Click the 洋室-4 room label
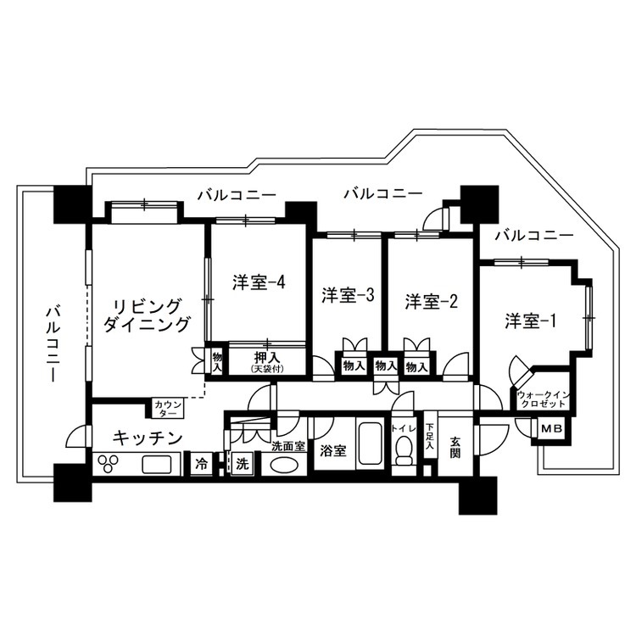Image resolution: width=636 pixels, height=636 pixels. pos(259,282)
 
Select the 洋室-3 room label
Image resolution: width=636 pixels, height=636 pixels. pos(348,295)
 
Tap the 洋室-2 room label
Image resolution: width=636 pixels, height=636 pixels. pos(431,301)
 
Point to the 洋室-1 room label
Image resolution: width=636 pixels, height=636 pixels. pos(531,321)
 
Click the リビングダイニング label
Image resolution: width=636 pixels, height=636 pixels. pos(147,315)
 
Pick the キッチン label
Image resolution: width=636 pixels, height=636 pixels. pos(148,438)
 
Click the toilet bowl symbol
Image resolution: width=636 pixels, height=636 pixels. pos(404,449)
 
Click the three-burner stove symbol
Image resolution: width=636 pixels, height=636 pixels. pos(108,464)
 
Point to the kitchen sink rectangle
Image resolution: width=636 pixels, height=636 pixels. pos(157,464)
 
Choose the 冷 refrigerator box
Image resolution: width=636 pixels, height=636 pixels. pos(201,464)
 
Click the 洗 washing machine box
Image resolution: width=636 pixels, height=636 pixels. pos(243,464)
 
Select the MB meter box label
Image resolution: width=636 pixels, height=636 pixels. pos(552,428)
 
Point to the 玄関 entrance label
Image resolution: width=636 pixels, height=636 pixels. pos(455,448)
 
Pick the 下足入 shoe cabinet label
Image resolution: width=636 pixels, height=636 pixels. pos(430,437)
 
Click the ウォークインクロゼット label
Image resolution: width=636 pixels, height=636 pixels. pos(544,399)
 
